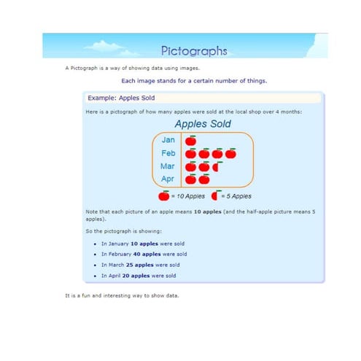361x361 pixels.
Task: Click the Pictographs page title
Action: pos(194,51)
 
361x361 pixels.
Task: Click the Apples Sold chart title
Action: pos(203,124)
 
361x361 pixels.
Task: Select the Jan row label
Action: pos(168,140)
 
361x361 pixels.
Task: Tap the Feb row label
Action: pos(168,153)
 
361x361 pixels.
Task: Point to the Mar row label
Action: pos(168,166)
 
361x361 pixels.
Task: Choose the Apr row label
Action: pos(168,179)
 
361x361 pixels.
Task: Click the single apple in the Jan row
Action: pos(190,141)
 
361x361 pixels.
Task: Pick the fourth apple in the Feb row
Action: pos(230,153)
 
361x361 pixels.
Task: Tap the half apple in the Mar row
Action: pos(217,166)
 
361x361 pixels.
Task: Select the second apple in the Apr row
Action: pos(204,179)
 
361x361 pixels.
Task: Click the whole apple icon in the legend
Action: pos(163,195)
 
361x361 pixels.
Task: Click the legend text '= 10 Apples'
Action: pos(188,196)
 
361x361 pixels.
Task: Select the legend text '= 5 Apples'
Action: pos(236,196)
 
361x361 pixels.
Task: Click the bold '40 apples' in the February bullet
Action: pos(147,254)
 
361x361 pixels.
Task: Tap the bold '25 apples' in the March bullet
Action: pos(139,265)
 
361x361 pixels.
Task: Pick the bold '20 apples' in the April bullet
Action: pos(136,276)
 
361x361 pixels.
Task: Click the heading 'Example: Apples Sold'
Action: pos(121,98)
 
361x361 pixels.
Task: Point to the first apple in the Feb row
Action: pos(190,153)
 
